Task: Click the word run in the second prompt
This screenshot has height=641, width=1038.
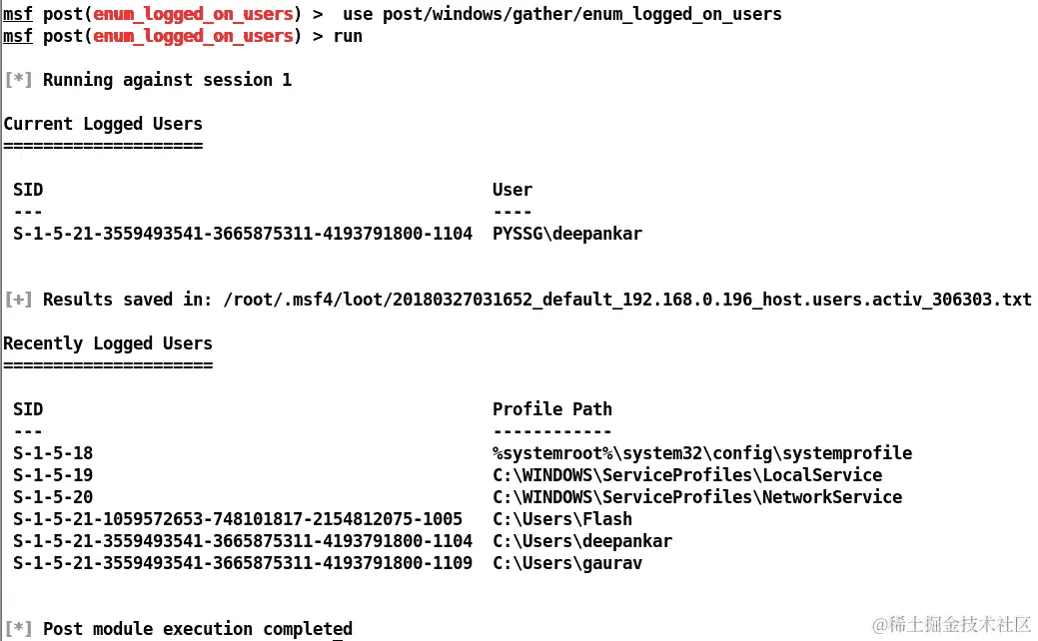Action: click(x=348, y=36)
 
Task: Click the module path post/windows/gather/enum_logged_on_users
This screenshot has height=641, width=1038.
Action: click(x=562, y=14)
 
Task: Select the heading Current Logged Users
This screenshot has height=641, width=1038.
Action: click(x=103, y=124)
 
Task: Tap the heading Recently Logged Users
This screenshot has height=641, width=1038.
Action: click(x=108, y=343)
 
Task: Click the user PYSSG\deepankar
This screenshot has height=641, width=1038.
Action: click(x=567, y=234)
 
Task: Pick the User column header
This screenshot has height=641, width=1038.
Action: click(x=513, y=190)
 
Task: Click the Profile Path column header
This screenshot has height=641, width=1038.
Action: click(x=552, y=409)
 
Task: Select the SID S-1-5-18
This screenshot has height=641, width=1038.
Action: click(x=53, y=453)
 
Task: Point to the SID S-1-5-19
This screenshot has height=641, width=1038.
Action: click(x=53, y=475)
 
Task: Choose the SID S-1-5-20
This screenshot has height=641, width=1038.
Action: click(x=53, y=497)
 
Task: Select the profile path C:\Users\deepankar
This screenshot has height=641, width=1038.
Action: click(x=582, y=541)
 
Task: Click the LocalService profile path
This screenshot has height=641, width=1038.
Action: click(x=687, y=475)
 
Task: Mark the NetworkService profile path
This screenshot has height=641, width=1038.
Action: click(x=697, y=497)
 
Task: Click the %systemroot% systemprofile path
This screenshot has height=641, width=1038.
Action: click(x=702, y=453)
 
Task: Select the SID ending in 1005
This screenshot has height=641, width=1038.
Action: click(x=238, y=519)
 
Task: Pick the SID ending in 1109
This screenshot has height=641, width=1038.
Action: click(x=243, y=563)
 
